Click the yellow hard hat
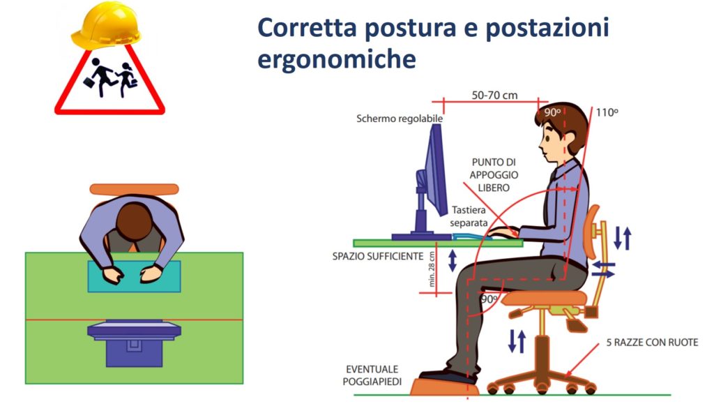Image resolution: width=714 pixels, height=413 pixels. (106, 25)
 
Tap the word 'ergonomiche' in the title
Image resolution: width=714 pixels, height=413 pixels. (337, 59)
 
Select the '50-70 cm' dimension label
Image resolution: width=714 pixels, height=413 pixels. (494, 96)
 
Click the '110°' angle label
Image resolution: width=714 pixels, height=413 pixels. (607, 112)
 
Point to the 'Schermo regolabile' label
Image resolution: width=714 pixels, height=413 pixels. (400, 119)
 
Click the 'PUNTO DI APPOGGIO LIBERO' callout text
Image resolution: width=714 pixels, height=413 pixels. (494, 174)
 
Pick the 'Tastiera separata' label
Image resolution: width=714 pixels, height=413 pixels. (469, 216)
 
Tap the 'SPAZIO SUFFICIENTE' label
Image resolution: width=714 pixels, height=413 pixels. (377, 256)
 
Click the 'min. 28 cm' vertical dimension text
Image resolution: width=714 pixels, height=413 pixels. (432, 269)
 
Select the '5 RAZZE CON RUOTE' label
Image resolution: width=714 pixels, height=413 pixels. (652, 343)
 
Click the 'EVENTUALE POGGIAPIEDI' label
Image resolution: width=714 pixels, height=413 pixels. (372, 375)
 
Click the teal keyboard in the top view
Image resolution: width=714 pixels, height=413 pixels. (134, 276)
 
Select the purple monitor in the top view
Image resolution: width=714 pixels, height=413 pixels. (135, 343)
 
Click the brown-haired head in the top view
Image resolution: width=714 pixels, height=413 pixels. (134, 221)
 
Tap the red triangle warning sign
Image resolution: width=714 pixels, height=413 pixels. (109, 78)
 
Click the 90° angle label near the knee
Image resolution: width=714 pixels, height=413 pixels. (489, 299)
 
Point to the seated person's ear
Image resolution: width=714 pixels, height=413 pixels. (568, 139)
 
